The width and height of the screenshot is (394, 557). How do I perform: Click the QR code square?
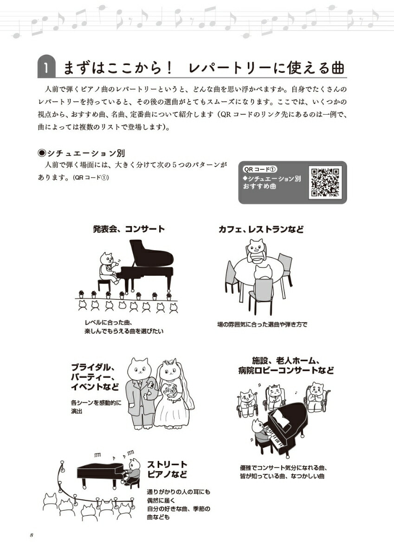click(325, 182)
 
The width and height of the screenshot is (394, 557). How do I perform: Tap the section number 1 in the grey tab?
click(46, 68)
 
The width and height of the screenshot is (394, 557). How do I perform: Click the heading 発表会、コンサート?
click(129, 229)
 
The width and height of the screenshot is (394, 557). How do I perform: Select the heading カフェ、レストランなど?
click(261, 229)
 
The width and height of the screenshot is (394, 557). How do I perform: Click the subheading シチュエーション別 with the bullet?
click(81, 153)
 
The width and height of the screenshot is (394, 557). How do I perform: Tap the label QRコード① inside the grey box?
click(260, 169)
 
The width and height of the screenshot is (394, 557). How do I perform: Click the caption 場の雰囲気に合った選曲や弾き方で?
click(262, 324)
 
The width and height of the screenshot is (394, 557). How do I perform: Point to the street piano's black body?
click(100, 472)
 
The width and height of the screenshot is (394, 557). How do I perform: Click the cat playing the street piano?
click(131, 471)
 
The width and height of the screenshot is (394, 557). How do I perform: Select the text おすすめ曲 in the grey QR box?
click(259, 186)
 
